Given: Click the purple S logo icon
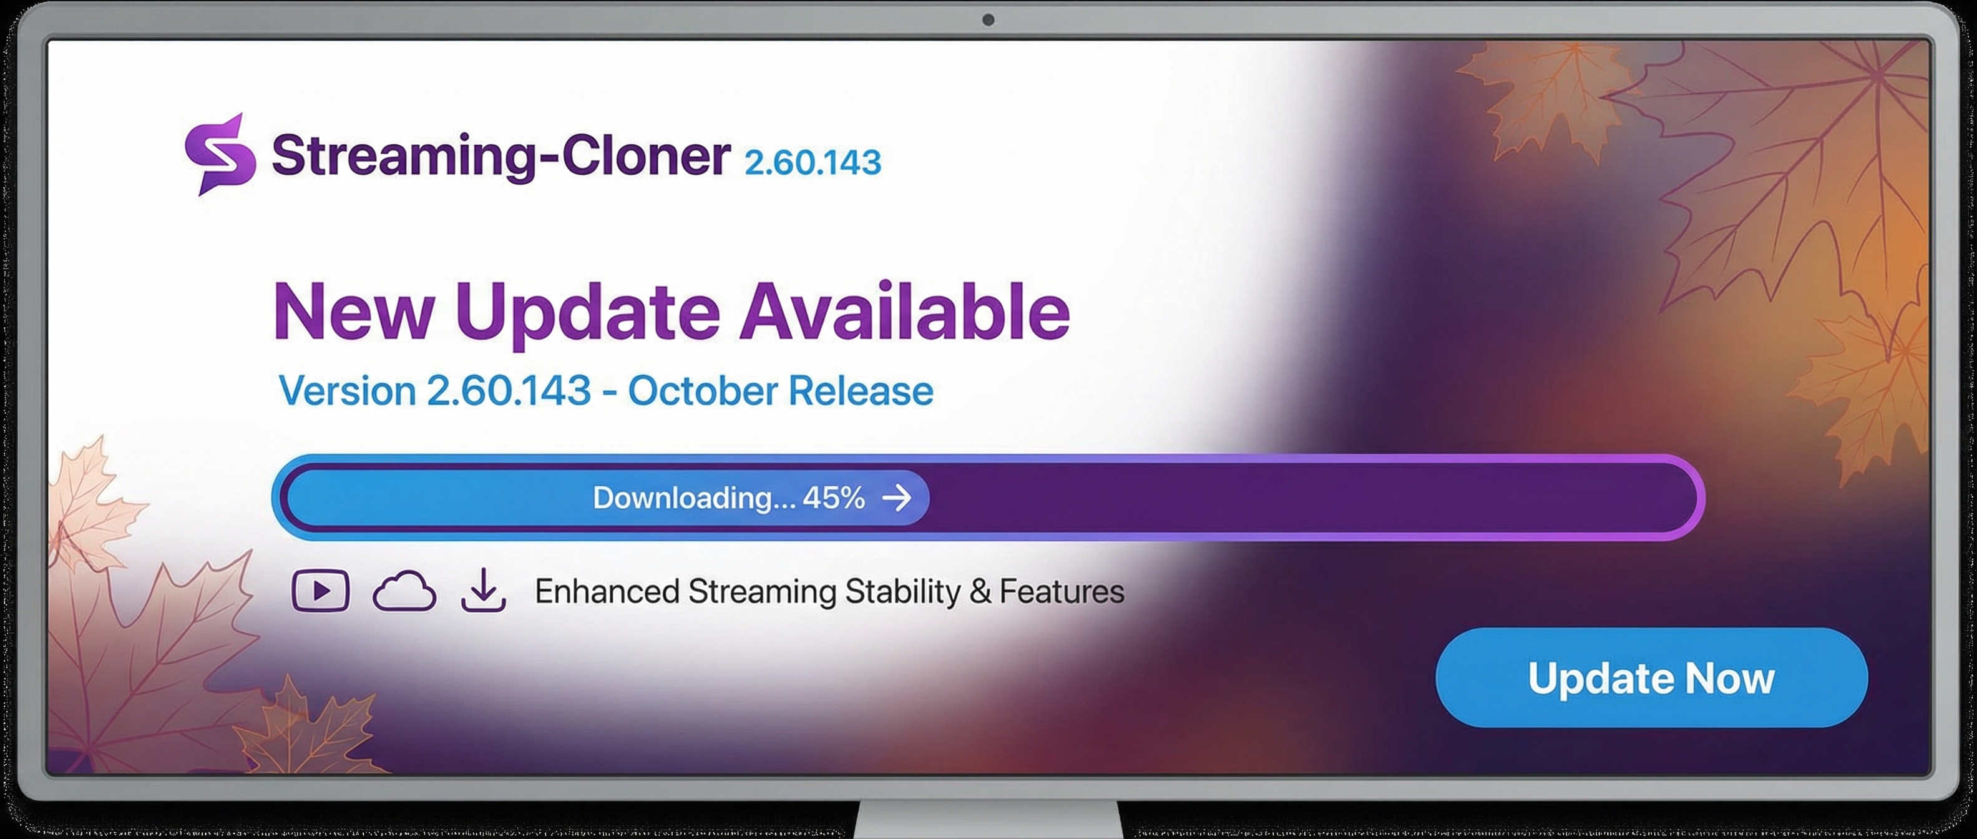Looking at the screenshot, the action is tap(220, 154).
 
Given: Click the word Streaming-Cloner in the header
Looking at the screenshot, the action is tap(501, 157).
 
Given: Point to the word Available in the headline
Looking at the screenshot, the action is tap(904, 310).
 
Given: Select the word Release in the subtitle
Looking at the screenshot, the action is tap(861, 391).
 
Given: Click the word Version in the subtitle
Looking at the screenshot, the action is tap(348, 391).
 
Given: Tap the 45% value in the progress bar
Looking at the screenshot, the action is tap(834, 498).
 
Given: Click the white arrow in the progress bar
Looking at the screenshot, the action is tap(896, 498).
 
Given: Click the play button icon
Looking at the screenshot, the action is tap(321, 591).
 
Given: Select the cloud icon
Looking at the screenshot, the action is tap(404, 592).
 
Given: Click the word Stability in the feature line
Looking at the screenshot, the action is tap(902, 592).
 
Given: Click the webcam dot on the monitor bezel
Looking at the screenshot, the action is tap(988, 20).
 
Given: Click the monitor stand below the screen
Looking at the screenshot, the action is tap(988, 820).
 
